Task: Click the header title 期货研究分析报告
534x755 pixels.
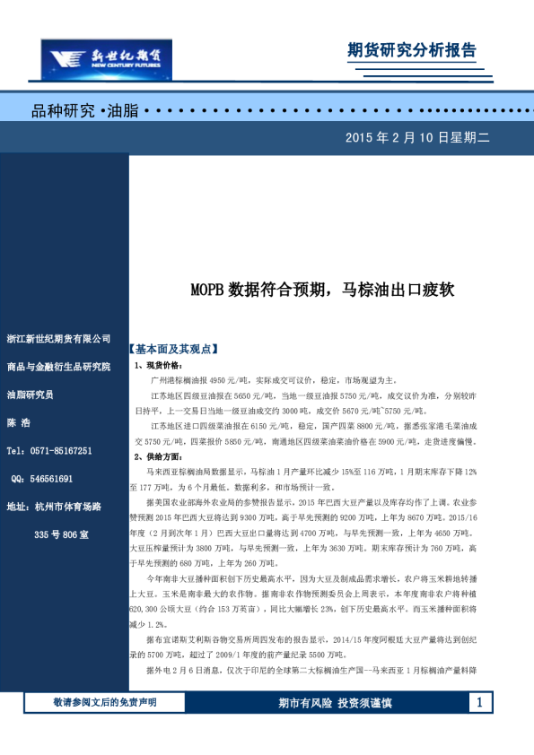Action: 411,50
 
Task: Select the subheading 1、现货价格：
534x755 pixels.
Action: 158,366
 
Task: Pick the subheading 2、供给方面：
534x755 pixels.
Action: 158,456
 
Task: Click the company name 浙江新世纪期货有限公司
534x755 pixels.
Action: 58,339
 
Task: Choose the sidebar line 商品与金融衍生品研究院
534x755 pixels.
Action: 58,367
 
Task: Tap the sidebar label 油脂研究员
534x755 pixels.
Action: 31,395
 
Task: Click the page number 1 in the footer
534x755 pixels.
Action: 481,701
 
